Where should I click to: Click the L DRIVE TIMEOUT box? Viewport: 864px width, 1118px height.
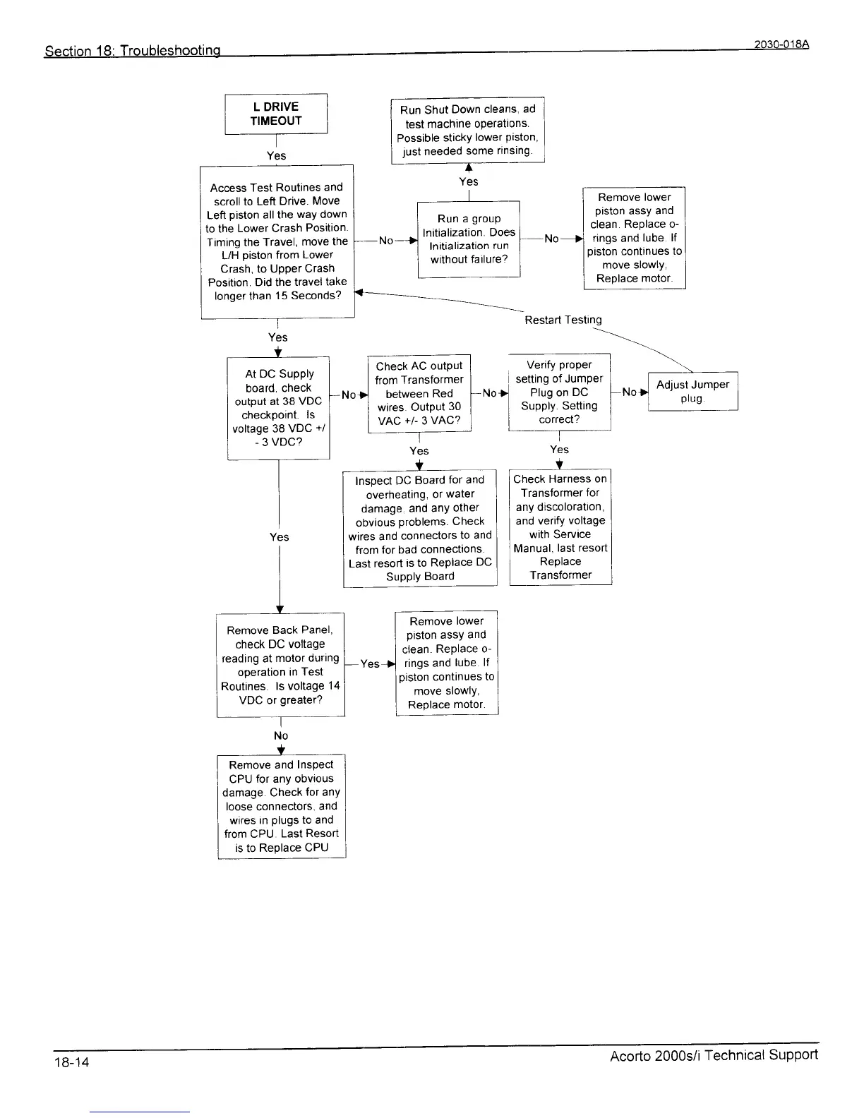click(x=276, y=114)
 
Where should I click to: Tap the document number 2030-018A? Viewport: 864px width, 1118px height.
click(x=780, y=44)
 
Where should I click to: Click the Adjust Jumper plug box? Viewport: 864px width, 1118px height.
click(x=692, y=391)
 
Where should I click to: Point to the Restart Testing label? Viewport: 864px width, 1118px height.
click(x=563, y=320)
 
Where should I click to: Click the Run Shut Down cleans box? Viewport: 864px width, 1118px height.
click(x=467, y=130)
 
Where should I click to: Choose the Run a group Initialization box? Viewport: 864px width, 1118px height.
click(x=469, y=239)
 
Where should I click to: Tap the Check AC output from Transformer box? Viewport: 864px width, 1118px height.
click(x=419, y=393)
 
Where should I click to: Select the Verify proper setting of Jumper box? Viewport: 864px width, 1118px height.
click(x=559, y=392)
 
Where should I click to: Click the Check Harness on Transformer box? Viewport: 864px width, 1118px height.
click(x=560, y=527)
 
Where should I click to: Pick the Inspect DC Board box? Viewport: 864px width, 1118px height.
click(x=420, y=528)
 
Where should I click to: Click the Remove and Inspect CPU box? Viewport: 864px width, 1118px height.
click(x=281, y=806)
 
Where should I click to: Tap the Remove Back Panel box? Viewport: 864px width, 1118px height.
click(x=280, y=665)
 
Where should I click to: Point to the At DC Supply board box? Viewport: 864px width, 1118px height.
click(x=279, y=408)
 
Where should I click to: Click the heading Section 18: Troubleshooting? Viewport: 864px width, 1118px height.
click(x=133, y=51)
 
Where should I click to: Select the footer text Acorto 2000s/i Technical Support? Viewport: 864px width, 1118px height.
click(x=714, y=1055)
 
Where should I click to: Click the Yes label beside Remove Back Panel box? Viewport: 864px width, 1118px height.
click(x=370, y=663)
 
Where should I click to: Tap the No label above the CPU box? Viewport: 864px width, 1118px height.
click(x=281, y=735)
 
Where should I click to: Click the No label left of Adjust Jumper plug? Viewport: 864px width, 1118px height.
click(x=629, y=392)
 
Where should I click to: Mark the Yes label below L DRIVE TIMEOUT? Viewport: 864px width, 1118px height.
click(x=277, y=155)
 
